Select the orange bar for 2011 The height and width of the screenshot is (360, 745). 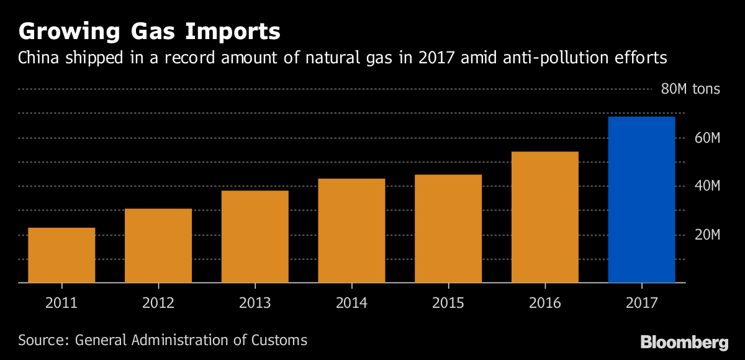pyautogui.click(x=61, y=255)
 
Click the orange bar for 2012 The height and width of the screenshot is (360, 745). pyautogui.click(x=158, y=246)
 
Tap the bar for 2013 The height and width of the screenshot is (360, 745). pyautogui.click(x=255, y=236)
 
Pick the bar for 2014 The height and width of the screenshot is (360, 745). pyautogui.click(x=351, y=231)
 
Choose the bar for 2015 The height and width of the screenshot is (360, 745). pyautogui.click(x=448, y=229)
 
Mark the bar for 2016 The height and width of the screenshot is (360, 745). pyautogui.click(x=544, y=217)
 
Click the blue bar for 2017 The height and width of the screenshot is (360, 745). pyautogui.click(x=641, y=200)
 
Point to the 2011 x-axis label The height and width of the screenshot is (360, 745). pyautogui.click(x=61, y=303)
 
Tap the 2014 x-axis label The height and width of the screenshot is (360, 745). pyautogui.click(x=351, y=303)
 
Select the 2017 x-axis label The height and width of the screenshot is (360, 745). pyautogui.click(x=641, y=303)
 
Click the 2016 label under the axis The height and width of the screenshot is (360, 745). pyautogui.click(x=544, y=303)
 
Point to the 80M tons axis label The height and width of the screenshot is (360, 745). pyautogui.click(x=690, y=89)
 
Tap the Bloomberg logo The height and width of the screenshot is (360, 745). pyautogui.click(x=684, y=342)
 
